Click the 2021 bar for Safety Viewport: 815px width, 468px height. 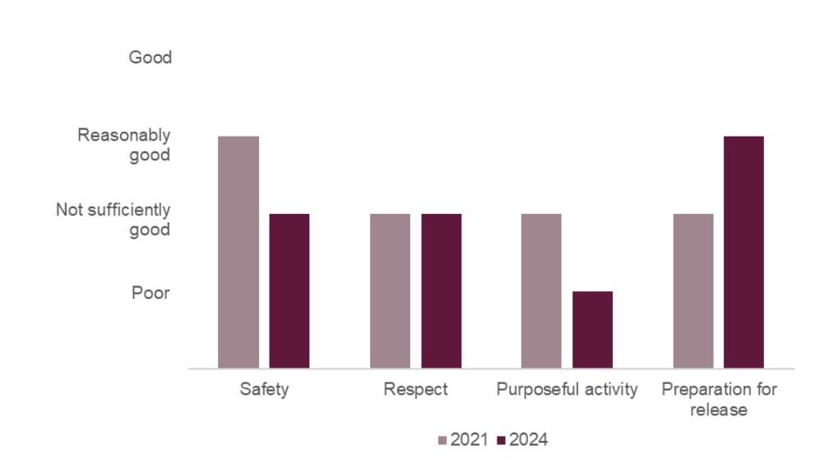tap(238, 252)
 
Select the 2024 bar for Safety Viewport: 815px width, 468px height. tap(289, 290)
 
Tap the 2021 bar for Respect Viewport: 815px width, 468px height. tap(390, 290)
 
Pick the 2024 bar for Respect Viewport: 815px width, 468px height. tap(442, 290)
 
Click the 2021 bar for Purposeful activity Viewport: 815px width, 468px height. tap(541, 290)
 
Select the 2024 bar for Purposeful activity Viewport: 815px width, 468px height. tap(593, 329)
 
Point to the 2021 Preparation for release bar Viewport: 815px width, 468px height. tap(693, 290)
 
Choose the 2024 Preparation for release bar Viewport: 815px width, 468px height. tap(744, 252)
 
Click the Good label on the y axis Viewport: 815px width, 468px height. tap(150, 58)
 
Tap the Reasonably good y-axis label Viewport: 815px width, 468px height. tap(124, 145)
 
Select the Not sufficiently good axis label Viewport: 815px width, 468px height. tap(113, 220)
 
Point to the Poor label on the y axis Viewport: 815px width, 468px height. tap(150, 292)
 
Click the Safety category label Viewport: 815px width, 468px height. tap(264, 390)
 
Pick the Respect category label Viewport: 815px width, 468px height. tap(415, 390)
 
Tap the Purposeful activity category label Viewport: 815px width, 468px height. tap(567, 390)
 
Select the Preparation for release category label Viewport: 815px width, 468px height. tap(719, 399)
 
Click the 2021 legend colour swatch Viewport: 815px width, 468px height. tap(443, 441)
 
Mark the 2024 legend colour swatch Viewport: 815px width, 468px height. tap(502, 441)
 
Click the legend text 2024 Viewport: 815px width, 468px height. tap(529, 441)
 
